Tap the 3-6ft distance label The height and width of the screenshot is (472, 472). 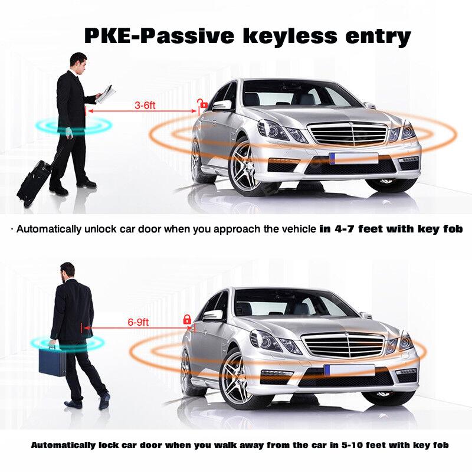pyautogui.click(x=145, y=106)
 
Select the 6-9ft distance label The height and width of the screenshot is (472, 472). pyautogui.click(x=138, y=322)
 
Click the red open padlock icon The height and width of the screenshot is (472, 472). pyautogui.click(x=202, y=104)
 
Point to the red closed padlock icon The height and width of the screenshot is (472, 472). pyautogui.click(x=187, y=319)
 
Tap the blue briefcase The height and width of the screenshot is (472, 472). pyautogui.click(x=52, y=360)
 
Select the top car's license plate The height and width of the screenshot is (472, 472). pyautogui.click(x=354, y=158)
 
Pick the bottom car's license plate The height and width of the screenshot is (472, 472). pyautogui.click(x=349, y=370)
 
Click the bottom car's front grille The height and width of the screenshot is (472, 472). pyautogui.click(x=342, y=346)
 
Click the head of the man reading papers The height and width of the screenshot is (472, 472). pyautogui.click(x=78, y=61)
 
